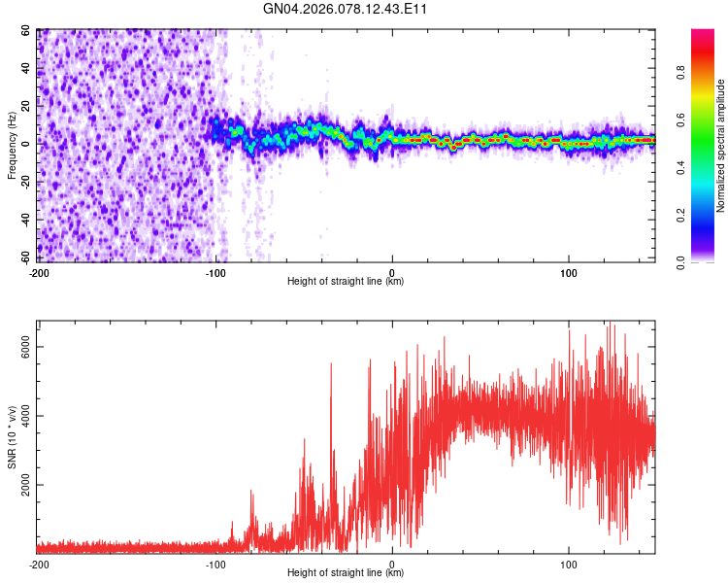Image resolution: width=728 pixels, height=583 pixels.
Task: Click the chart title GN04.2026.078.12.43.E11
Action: pyautogui.click(x=346, y=9)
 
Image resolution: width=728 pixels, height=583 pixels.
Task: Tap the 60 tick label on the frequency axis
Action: pyautogui.click(x=27, y=31)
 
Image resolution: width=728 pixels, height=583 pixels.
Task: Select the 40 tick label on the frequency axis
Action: pyautogui.click(x=27, y=69)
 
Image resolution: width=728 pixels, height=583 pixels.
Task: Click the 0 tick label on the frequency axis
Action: pyautogui.click(x=30, y=145)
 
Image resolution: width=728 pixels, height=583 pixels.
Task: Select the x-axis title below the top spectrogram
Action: pyautogui.click(x=346, y=282)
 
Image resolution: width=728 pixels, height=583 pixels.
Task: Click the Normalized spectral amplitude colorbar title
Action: pyautogui.click(x=721, y=146)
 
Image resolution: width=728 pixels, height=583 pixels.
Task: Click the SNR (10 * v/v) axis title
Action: pyautogui.click(x=12, y=437)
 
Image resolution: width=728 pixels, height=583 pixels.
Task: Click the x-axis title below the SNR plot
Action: pyautogui.click(x=346, y=573)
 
